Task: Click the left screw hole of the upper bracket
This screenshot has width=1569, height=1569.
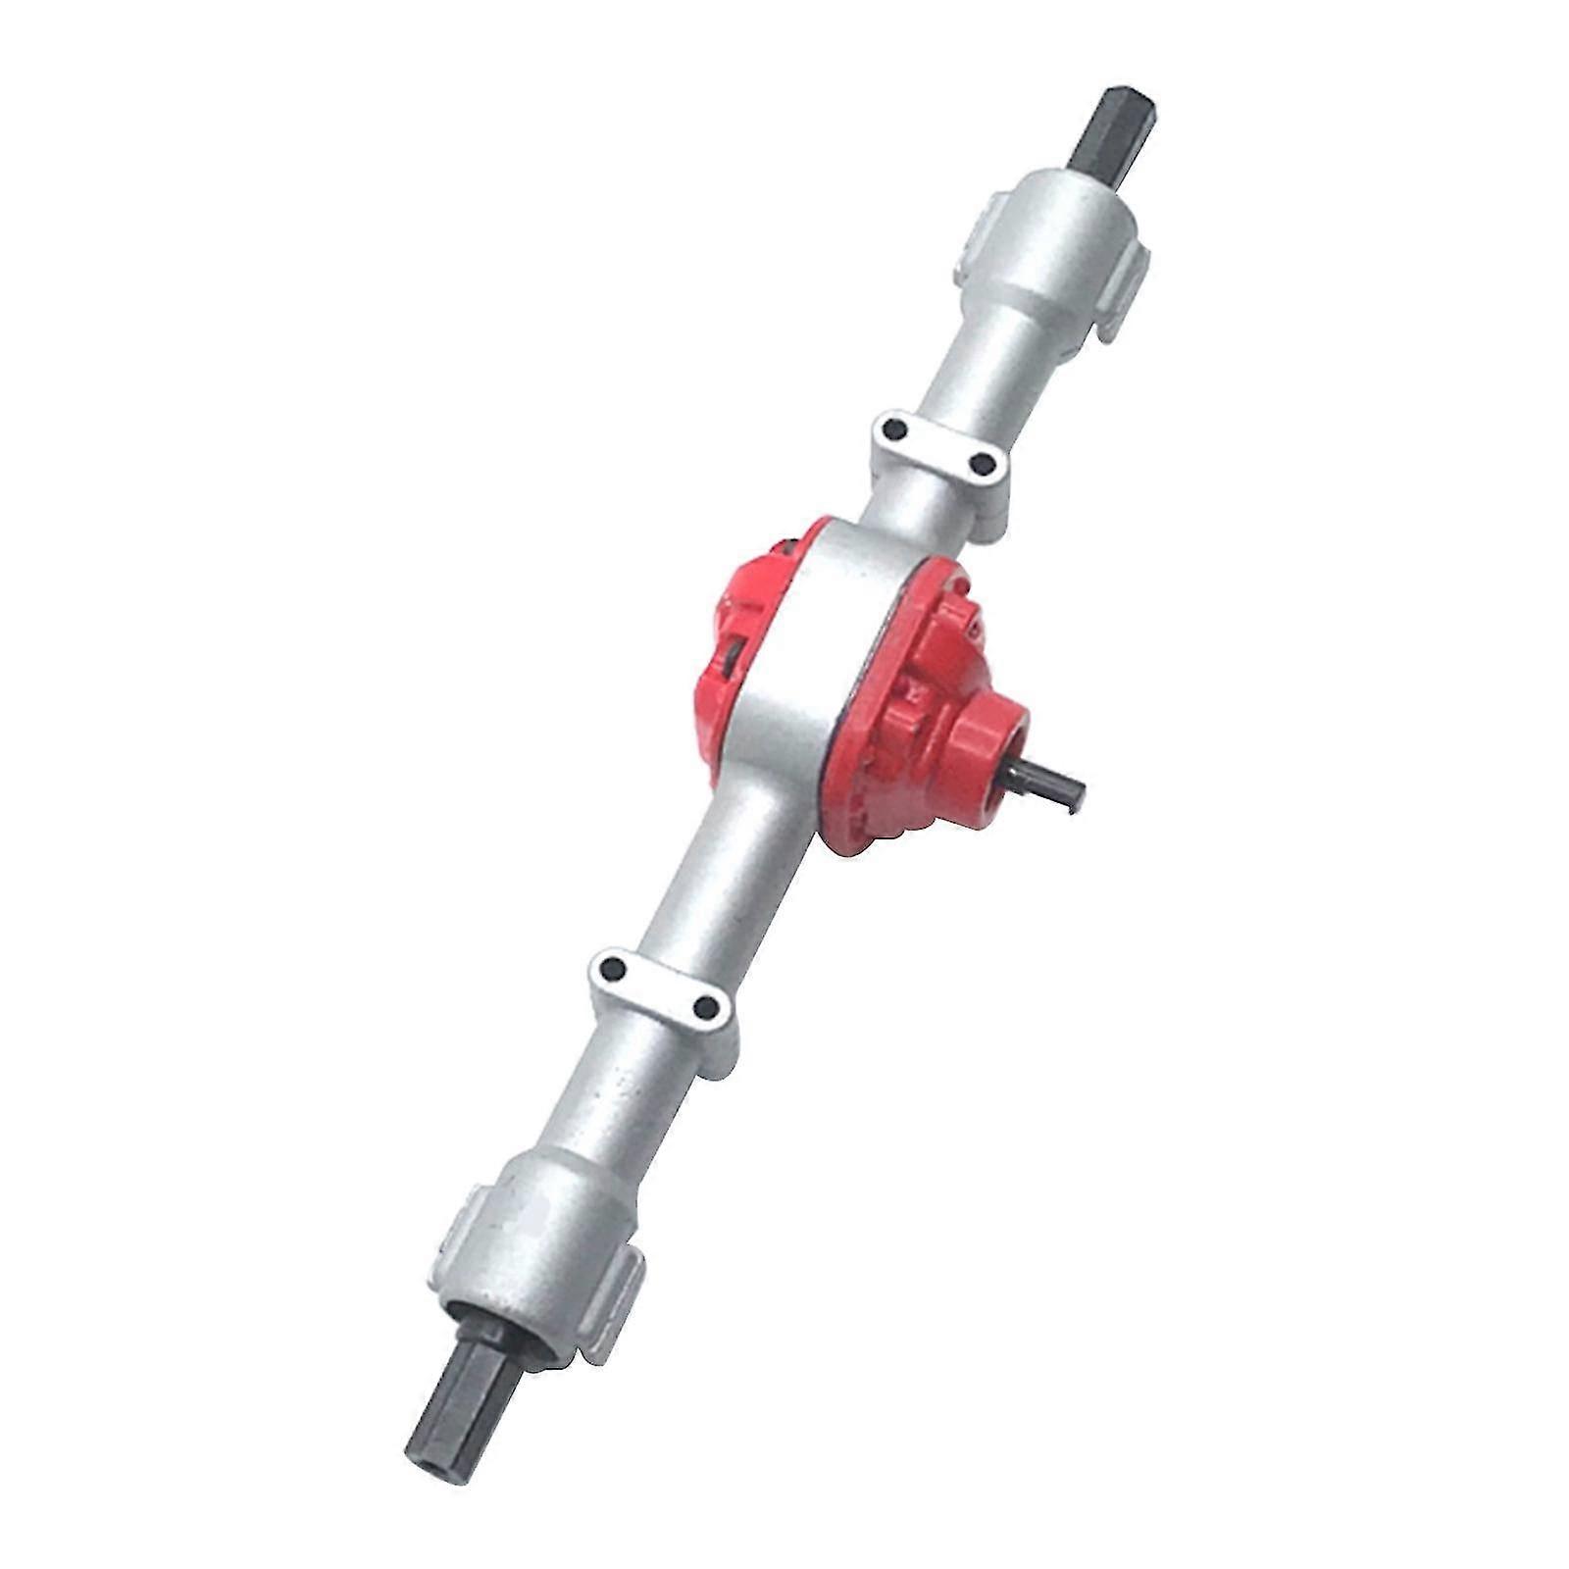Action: (893, 429)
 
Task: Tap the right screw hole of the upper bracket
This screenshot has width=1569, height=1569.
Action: (979, 461)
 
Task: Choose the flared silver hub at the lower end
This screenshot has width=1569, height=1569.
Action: (534, 1260)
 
